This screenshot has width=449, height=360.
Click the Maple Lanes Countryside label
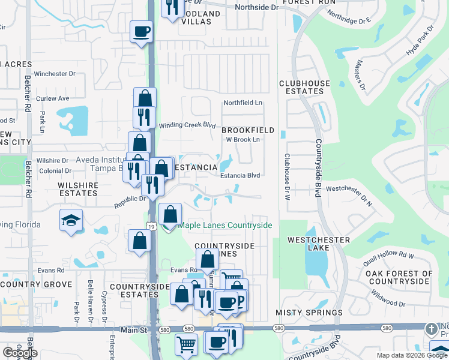(224, 225)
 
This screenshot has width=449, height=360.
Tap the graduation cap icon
(71, 220)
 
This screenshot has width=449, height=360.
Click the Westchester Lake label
(319, 240)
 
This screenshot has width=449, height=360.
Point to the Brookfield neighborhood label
(248, 130)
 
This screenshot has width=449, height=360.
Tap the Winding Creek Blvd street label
(187, 125)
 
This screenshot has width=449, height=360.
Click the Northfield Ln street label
(243, 103)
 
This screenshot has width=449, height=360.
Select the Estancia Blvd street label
(240, 175)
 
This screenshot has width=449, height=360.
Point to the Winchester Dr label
(54, 74)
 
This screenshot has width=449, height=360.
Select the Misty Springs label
(309, 313)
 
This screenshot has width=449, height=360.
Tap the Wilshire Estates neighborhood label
(78, 190)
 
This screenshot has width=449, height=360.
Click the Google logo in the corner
(20, 353)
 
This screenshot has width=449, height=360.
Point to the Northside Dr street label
(257, 7)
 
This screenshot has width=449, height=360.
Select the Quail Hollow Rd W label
(393, 256)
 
